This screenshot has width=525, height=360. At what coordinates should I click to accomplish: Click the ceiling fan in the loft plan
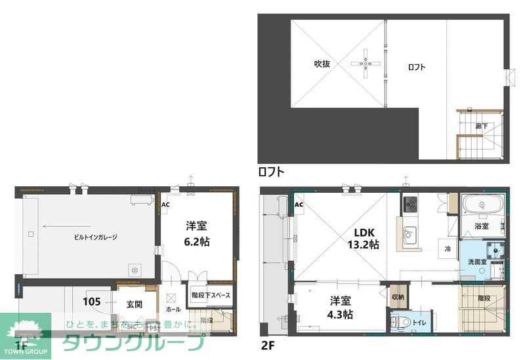(366, 64)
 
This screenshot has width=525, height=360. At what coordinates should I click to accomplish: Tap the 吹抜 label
(322, 64)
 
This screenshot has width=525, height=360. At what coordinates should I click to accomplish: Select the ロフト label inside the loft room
(417, 67)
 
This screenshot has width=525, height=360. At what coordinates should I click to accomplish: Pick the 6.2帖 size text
(197, 241)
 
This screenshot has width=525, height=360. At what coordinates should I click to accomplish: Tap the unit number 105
(92, 302)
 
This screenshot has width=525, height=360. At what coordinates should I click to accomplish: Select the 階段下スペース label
(211, 296)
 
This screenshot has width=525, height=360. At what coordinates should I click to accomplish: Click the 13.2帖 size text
(366, 245)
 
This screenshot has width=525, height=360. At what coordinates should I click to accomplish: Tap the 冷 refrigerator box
(447, 249)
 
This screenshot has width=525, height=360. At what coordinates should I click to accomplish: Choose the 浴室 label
(482, 226)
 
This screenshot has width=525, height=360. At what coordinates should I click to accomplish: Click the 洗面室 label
(476, 262)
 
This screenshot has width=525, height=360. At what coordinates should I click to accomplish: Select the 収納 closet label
(398, 297)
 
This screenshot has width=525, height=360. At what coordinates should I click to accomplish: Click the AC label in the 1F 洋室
(165, 204)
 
